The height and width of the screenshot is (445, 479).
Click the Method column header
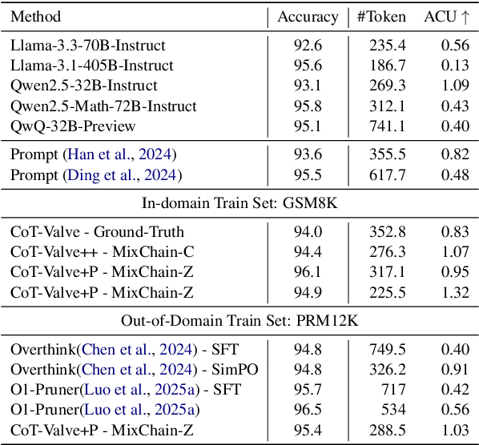(x=36, y=17)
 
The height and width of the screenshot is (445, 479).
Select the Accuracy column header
(x=308, y=17)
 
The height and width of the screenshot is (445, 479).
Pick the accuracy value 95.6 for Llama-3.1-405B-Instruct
(x=307, y=66)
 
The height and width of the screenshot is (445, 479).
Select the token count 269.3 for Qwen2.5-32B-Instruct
(x=386, y=86)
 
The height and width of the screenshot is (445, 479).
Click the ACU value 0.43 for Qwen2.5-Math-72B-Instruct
(x=454, y=106)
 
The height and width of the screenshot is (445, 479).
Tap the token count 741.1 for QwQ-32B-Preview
(x=386, y=126)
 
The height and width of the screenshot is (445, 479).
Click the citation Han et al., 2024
(x=121, y=154)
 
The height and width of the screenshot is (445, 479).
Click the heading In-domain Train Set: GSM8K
(x=239, y=203)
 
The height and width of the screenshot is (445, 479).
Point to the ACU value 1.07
(x=454, y=251)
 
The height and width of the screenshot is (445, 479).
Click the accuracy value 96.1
(x=307, y=271)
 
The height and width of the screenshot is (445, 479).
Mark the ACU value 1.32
(x=454, y=291)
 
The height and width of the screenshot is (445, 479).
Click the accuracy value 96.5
(x=307, y=409)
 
